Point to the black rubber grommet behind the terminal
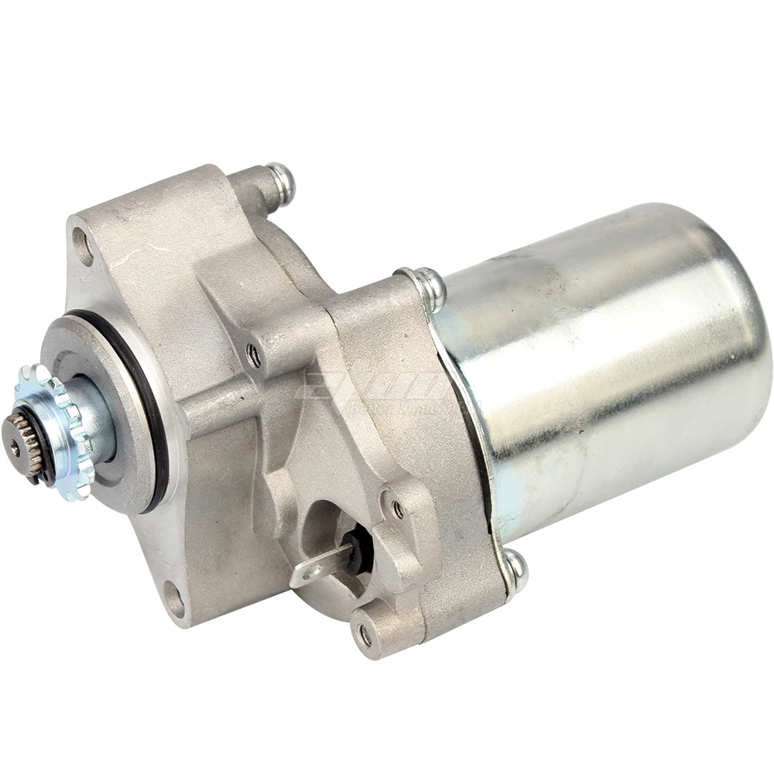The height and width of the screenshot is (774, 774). [358, 550]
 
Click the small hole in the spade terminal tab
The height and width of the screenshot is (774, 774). [307, 576]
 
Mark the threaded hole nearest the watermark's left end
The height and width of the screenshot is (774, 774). [253, 355]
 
